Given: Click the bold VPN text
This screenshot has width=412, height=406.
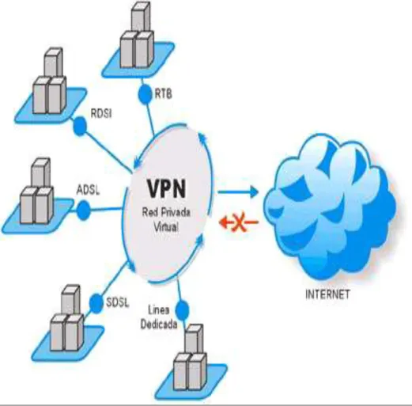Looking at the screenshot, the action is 166,188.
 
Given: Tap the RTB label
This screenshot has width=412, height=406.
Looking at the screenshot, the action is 164,93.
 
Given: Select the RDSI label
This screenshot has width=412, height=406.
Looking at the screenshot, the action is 101,113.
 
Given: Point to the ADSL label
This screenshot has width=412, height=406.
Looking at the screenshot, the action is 89,190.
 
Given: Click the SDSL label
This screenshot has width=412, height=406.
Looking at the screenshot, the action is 118,302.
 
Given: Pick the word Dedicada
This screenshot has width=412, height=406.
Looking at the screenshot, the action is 159,324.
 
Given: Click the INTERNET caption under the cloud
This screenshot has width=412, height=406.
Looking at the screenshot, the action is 327,294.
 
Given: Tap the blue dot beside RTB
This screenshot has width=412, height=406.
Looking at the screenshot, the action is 146,94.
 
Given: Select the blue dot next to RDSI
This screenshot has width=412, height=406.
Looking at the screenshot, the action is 79,126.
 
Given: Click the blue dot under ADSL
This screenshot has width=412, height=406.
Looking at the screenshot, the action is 83,211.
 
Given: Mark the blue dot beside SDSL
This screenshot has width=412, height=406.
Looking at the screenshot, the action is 96,303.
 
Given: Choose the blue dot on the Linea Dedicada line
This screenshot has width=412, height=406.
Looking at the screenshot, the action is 182,310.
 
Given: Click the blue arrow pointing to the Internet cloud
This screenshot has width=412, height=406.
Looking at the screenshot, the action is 238,192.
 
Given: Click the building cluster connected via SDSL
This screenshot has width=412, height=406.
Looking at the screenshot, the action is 67,322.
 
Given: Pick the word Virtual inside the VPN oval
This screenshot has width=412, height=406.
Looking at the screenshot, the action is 166,226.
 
